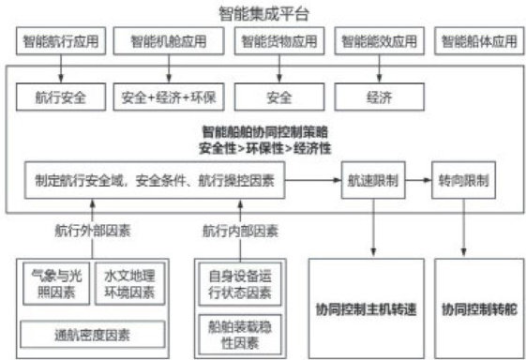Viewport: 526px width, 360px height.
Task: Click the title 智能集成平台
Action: pos(263,14)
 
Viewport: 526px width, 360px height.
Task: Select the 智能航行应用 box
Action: pos(61,41)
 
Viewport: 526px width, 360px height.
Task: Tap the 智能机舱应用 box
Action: pos(169,41)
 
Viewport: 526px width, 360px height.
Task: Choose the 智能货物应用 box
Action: pos(279,41)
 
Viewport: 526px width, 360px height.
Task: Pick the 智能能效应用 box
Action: pos(380,41)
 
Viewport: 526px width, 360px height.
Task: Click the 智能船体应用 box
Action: pos(479,41)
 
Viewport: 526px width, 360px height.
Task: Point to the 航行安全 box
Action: pos(61,97)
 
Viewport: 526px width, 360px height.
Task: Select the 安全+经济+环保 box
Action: pos(169,97)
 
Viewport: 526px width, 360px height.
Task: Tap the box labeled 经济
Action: pos(380,97)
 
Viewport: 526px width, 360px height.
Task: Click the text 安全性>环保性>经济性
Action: pos(264,148)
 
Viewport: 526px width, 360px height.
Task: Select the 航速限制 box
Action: pos(373,180)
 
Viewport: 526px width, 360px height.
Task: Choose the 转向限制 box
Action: pos(463,180)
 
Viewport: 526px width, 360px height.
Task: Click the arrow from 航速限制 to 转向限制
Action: pos(418,180)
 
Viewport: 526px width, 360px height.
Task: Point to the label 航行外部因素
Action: pos(93,231)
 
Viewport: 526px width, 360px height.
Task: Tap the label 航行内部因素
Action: pos(240,231)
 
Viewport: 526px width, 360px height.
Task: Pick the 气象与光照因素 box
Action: pos(56,284)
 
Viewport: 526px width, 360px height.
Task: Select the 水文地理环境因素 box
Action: pos(129,284)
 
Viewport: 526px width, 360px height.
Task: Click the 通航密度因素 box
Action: pos(93,335)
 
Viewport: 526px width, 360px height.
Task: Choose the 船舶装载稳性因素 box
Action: pos(240,335)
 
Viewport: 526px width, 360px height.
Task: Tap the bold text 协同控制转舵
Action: pos(479,309)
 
